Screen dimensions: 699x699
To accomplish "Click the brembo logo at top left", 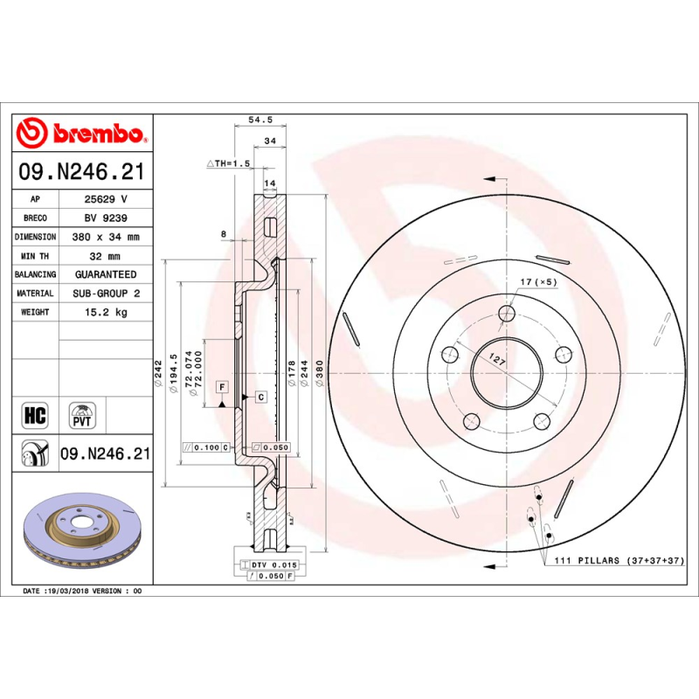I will [80, 134].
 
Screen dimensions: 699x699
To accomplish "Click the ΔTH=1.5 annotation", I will [228, 163].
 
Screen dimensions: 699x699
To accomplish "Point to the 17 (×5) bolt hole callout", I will [538, 282].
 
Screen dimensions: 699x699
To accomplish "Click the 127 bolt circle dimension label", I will [497, 358].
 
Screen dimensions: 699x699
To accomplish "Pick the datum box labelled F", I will [222, 386].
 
